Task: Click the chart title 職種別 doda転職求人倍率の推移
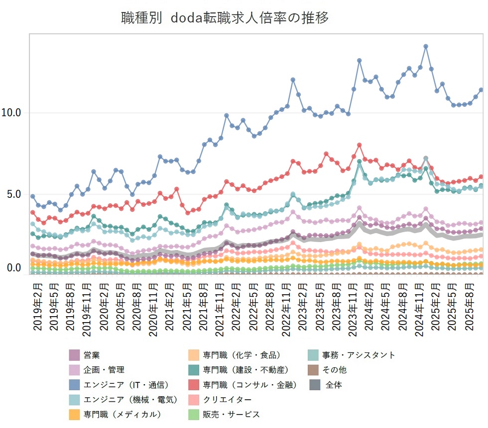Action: (225, 18)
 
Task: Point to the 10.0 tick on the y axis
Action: (11, 113)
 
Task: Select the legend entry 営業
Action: (92, 355)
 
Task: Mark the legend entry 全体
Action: (333, 384)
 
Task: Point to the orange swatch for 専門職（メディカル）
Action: (75, 414)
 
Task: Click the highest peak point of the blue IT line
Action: (426, 46)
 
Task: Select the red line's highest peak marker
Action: (359, 145)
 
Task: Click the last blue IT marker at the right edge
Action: (481, 90)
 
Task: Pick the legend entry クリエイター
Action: (227, 399)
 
